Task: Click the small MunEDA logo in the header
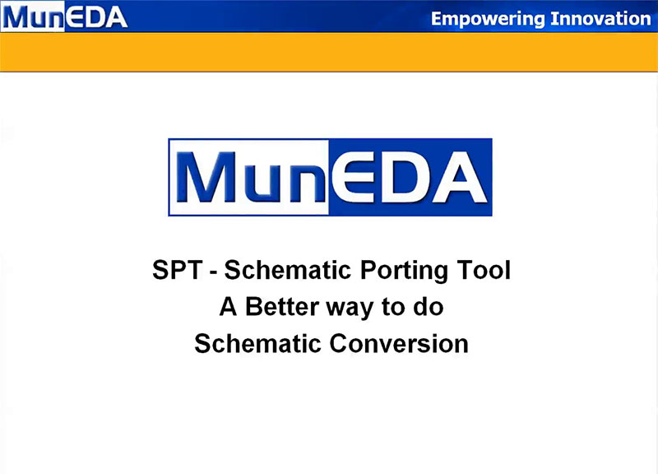point(64,16)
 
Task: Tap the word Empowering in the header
point(488,19)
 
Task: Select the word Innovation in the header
point(600,18)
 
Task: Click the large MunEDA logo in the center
point(330,177)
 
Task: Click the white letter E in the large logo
point(352,177)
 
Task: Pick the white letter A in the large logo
point(460,177)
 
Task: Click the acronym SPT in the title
point(178,270)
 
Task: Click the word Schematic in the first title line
point(287,270)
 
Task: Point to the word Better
point(282,306)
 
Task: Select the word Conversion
point(399,343)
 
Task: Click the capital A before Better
point(229,306)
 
